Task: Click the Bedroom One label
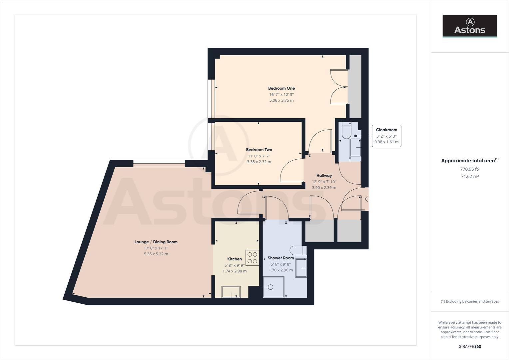[281, 88]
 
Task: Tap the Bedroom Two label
[259, 150]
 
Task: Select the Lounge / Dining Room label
[156, 242]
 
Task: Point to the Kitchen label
[235, 259]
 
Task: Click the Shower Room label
[281, 258]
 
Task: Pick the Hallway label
[324, 175]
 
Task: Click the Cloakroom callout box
[386, 136]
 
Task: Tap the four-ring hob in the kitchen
[252, 258]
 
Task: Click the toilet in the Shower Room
[298, 250]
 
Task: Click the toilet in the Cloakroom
[346, 131]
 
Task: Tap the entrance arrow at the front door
[367, 199]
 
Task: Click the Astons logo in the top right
[470, 26]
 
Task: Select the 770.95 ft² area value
[470, 169]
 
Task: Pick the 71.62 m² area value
[470, 176]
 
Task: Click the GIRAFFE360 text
[470, 346]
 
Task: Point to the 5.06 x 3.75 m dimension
[281, 100]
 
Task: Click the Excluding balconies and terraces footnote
[470, 301]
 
